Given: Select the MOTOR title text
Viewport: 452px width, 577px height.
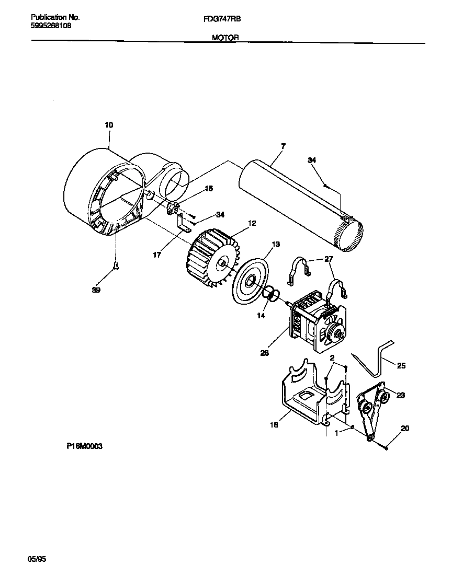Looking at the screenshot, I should (225, 38).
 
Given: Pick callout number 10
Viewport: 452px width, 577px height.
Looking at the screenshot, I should (109, 125).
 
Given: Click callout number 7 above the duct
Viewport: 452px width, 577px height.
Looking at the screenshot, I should (282, 146).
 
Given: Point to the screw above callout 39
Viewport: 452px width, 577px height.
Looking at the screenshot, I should (116, 268).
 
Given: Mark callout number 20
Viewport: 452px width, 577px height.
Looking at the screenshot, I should (404, 429).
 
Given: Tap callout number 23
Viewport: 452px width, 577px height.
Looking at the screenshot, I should (401, 395).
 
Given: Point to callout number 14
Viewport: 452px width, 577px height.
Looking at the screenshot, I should (261, 316).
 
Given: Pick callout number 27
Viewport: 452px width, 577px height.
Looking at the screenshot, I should (328, 258).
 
